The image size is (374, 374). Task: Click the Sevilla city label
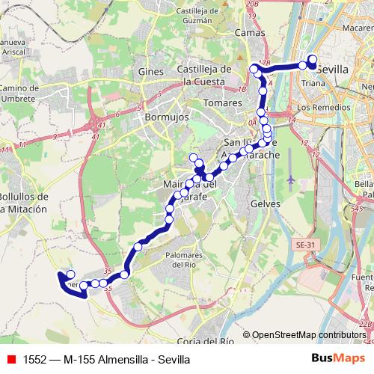[334, 68]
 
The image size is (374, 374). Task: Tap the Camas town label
[250, 33]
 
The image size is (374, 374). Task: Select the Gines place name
[150, 71]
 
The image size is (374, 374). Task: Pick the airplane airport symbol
[291, 180]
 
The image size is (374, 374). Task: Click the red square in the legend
[11, 359]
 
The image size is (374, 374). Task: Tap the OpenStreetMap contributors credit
[309, 335]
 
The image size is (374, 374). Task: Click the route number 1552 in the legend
[36, 359]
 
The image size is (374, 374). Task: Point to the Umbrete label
[19, 98]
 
